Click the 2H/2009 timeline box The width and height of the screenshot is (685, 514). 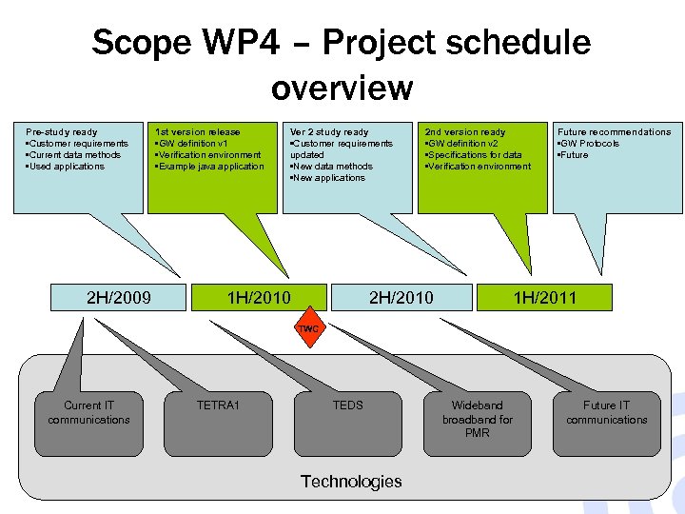[x=119, y=298]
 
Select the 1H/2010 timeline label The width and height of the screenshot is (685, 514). [x=258, y=298]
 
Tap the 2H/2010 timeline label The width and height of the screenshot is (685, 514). [x=401, y=298]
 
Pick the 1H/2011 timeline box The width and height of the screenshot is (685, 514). [x=544, y=298]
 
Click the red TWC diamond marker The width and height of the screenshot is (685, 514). [x=309, y=328]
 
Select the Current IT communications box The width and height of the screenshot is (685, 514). [x=89, y=412]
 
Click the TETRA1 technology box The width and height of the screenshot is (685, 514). [x=218, y=405]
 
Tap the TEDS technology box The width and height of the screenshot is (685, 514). [x=347, y=405]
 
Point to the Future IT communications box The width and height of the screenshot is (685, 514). [x=606, y=412]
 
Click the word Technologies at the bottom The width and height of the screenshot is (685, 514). [x=351, y=482]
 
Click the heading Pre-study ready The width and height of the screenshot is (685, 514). [x=62, y=132]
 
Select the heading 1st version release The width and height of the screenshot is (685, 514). [x=198, y=132]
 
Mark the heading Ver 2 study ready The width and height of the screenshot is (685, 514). [x=329, y=132]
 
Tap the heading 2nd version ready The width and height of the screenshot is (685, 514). [x=465, y=132]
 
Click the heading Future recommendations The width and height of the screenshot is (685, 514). [x=614, y=132]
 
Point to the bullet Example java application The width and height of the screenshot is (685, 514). [x=211, y=167]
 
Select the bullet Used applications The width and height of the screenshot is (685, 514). [x=66, y=167]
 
